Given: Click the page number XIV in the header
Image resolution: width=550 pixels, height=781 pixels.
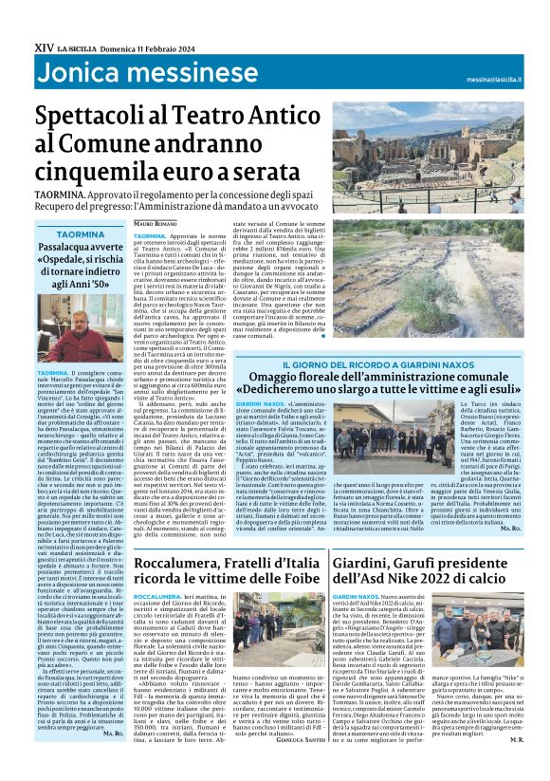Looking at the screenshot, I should click(x=43, y=18).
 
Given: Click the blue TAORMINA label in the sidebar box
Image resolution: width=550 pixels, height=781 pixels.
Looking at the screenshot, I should click(x=81, y=233).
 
